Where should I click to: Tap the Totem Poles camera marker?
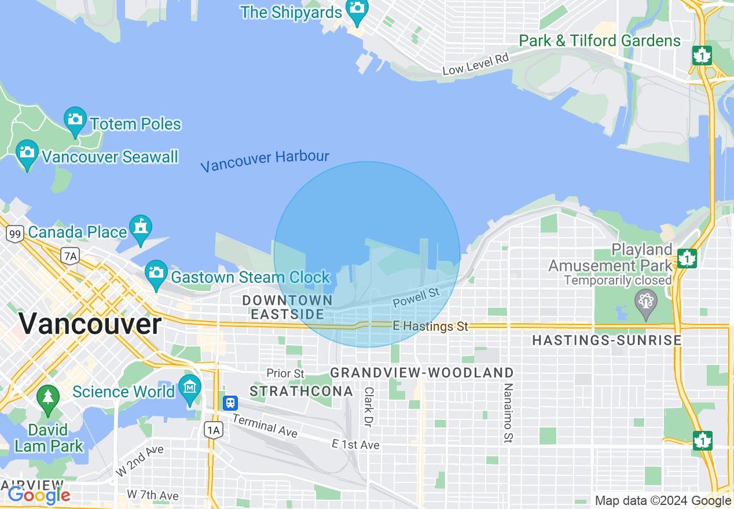tap(75, 119)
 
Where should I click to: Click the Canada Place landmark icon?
tap(140, 227)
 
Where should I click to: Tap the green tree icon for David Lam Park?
tap(48, 399)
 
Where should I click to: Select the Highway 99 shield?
tap(15, 234)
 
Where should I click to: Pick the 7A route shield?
tap(70, 256)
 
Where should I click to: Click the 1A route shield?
tap(214, 429)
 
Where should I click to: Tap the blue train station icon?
tap(230, 403)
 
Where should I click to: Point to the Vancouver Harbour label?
tap(265, 161)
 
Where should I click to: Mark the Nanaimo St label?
tap(508, 413)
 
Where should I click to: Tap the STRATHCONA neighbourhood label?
tap(301, 392)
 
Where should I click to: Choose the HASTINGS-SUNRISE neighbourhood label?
tap(607, 341)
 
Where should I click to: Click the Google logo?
tap(39, 495)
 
